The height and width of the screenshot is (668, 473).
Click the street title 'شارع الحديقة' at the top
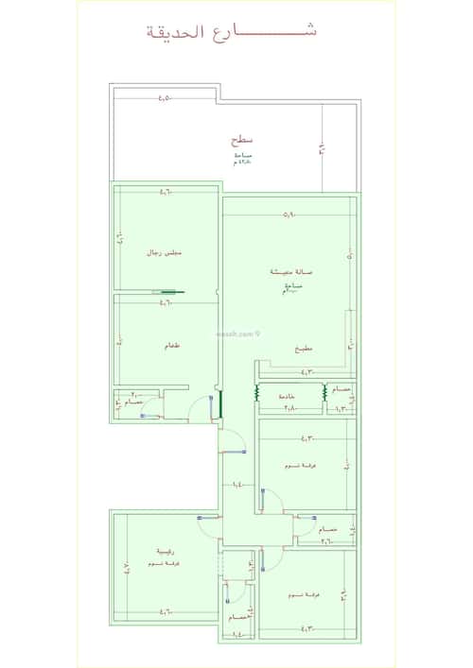233,30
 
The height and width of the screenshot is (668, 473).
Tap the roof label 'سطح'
240,140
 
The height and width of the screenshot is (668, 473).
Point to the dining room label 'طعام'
171,346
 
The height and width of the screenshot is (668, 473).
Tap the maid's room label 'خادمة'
288,397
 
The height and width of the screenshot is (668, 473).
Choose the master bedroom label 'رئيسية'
165,552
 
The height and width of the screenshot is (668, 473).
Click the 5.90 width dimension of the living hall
289,214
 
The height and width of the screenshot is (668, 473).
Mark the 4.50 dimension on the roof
165,97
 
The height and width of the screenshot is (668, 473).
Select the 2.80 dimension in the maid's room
289,408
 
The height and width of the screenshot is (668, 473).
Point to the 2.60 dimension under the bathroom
325,541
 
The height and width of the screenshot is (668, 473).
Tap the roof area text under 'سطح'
242,159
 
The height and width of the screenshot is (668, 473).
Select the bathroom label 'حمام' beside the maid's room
342,389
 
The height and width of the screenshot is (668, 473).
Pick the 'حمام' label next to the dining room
134,403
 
